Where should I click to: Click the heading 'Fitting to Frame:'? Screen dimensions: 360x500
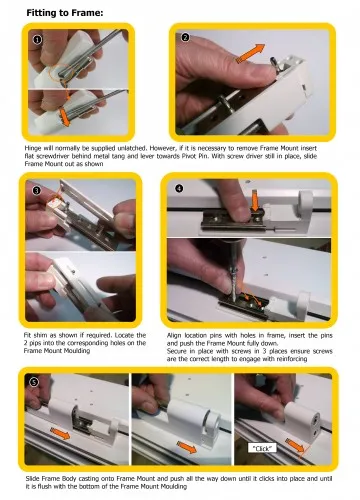65,13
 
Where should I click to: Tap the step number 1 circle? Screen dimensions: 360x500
37,40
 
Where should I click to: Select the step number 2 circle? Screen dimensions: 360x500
185,37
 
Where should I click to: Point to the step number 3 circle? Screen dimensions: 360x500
36,190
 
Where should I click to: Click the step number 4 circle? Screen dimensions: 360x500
179,189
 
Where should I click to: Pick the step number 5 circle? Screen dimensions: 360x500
34,382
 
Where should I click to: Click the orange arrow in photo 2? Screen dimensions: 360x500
251,53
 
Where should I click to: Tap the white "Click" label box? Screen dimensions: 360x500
262,448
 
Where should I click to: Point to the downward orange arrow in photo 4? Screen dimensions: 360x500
255,200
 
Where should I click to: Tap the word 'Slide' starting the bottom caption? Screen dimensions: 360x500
33,479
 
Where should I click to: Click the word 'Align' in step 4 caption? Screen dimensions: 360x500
174,336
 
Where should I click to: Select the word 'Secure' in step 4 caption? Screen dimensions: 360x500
176,351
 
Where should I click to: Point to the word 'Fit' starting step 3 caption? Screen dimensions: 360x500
27,335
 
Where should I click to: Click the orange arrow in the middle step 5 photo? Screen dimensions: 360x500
187,447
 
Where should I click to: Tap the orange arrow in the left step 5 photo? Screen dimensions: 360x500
60,434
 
